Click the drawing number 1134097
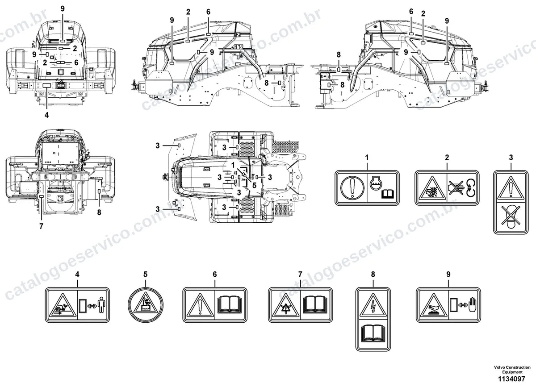(512, 379)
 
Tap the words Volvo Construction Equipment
(512, 370)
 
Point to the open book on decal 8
(373, 333)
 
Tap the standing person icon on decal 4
(101, 305)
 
